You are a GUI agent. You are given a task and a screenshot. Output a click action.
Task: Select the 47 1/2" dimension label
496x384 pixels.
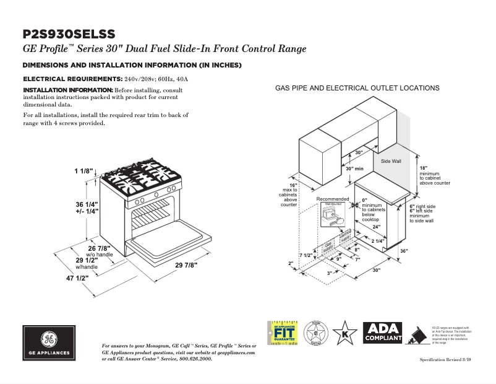pos(77,277)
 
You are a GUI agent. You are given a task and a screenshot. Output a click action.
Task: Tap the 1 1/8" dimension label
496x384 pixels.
pos(84,171)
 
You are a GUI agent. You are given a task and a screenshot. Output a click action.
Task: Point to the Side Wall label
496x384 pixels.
pos(391,161)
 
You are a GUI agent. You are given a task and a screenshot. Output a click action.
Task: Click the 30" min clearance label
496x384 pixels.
pos(354,168)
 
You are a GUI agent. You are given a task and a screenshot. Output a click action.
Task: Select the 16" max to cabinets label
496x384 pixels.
pos(289,195)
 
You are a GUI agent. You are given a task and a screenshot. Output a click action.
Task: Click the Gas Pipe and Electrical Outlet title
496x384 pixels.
pos(357,89)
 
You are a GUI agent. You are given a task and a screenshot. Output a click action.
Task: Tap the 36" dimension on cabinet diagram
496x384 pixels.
pos(404,251)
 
